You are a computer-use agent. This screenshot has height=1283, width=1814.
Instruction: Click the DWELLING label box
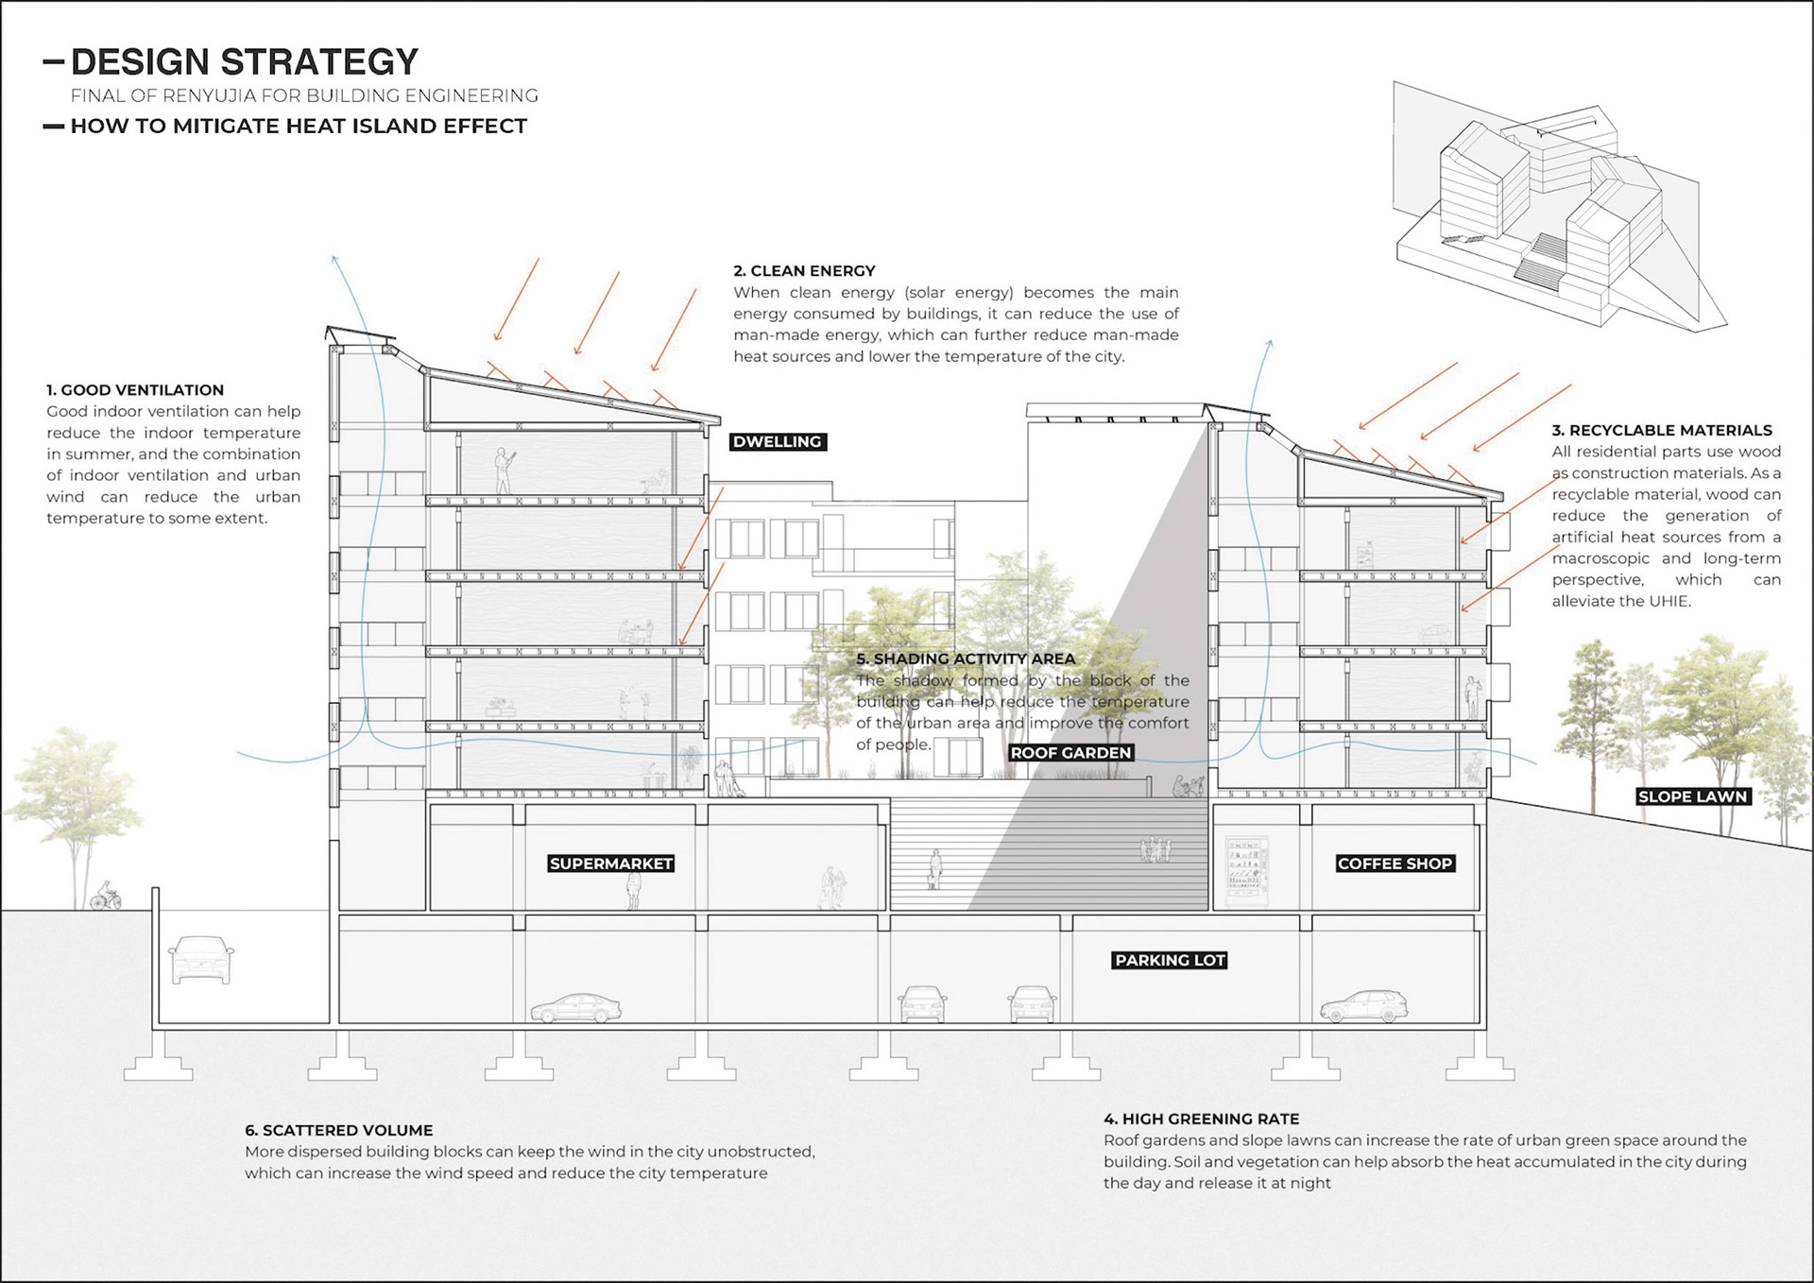point(778,442)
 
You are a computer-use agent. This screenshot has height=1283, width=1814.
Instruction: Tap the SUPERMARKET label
point(611,864)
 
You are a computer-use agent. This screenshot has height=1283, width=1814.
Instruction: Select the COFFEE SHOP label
point(1395,864)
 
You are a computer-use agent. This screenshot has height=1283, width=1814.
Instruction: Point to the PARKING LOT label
point(1170,961)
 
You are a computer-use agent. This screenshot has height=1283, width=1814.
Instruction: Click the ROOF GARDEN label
point(1070,753)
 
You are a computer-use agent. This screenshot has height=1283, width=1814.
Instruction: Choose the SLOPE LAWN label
point(1692,796)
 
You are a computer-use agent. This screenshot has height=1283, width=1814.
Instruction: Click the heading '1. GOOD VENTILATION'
point(135,390)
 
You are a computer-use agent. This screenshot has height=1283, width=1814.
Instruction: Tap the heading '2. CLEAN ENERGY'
point(804,271)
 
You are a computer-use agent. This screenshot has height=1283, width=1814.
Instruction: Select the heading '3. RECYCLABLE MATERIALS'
point(1661,431)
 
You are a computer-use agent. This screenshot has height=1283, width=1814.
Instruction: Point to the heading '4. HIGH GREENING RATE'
point(1201,1120)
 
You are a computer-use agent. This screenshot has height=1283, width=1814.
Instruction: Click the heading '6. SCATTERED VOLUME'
point(338,1131)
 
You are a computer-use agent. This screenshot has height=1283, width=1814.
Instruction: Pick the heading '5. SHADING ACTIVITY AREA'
point(965,659)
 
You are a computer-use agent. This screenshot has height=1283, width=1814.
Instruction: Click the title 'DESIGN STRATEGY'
point(244,62)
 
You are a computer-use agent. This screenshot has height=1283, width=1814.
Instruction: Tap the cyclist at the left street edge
point(105,896)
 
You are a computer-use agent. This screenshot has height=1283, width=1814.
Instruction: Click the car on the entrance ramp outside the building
point(200,960)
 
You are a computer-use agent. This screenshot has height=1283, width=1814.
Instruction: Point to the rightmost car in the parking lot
point(1363,1007)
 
